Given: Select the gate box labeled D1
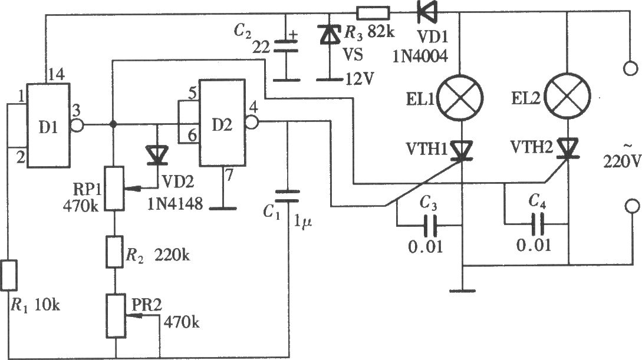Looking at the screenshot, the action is (x=48, y=125).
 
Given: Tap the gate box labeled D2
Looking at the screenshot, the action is (x=222, y=123).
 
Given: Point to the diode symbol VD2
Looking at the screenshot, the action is (x=157, y=156).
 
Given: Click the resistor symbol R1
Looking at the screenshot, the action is (x=8, y=275).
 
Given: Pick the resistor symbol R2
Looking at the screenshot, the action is (x=115, y=252).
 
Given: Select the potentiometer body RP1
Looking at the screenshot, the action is (x=114, y=188).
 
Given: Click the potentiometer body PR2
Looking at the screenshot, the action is (x=116, y=316).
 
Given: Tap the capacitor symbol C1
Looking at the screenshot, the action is (x=288, y=196).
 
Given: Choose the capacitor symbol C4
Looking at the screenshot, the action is (x=537, y=224).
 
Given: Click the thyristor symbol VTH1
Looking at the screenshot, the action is (x=462, y=150).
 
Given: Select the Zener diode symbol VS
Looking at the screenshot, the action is (x=329, y=34).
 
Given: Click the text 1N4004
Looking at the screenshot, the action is (x=420, y=56).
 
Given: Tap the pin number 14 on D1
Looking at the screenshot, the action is (x=57, y=75).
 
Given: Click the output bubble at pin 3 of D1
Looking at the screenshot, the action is (x=77, y=124).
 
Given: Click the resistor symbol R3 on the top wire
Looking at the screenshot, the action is (x=373, y=13).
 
